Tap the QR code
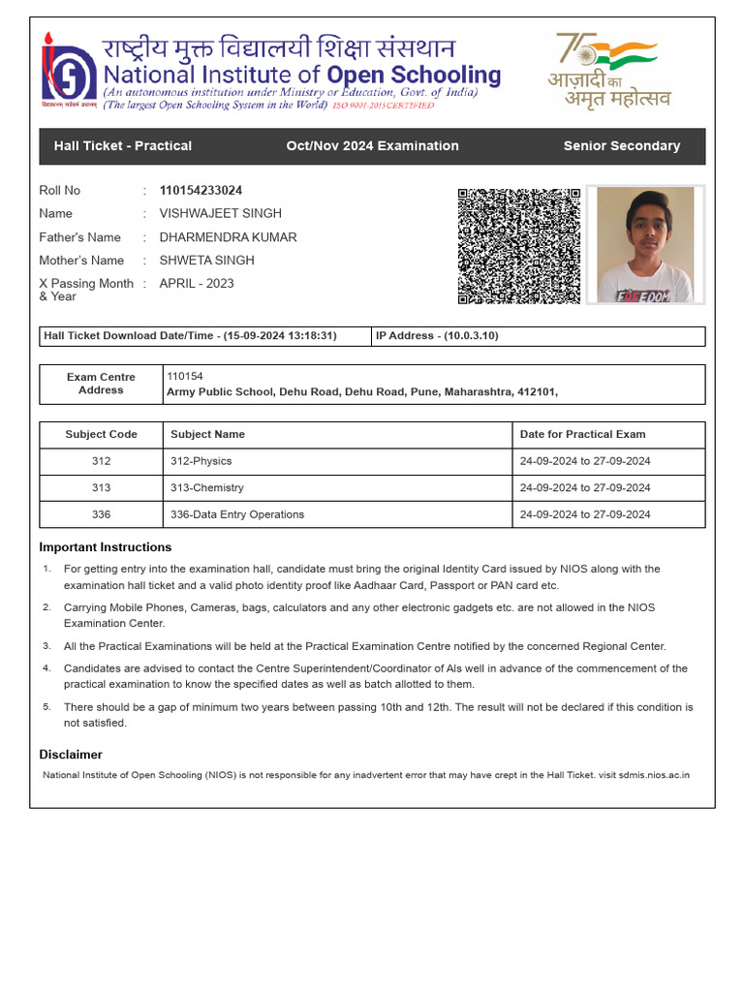point(518,246)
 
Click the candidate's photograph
point(645,245)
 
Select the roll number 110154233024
point(201,191)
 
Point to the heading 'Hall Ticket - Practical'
point(123,146)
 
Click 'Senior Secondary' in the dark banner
point(621,146)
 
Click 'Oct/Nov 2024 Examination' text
point(372,146)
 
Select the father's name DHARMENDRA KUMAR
point(228,237)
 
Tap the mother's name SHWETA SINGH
point(206,261)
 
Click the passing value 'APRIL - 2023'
point(196,284)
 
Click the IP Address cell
point(538,336)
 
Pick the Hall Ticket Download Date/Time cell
point(204,336)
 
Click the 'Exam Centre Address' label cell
point(101,384)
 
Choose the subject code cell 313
point(101,488)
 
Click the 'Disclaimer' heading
point(71,755)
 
